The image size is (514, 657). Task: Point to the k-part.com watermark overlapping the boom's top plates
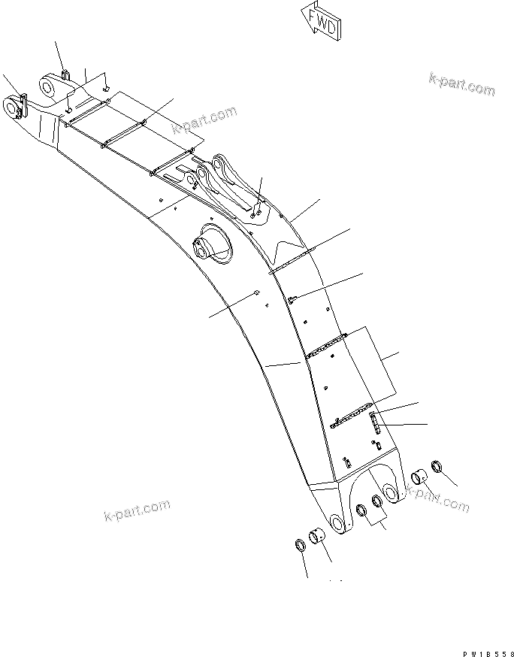(x=204, y=120)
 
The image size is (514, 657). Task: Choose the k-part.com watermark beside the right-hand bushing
(x=437, y=499)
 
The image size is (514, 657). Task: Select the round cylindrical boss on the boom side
(x=204, y=246)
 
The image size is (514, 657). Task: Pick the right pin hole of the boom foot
(x=391, y=491)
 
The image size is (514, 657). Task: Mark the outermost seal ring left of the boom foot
(x=299, y=545)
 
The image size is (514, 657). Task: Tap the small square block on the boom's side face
(x=257, y=292)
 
